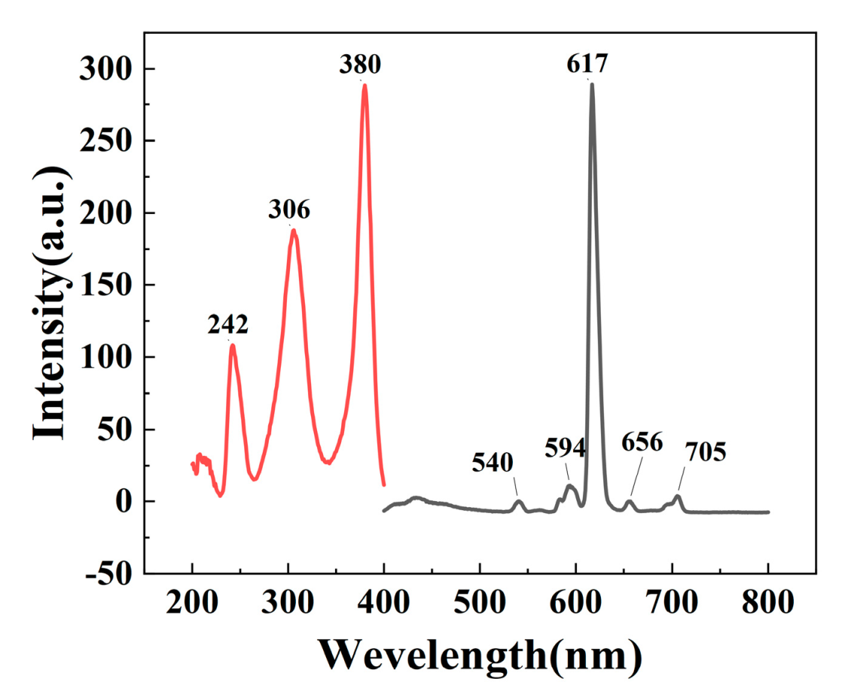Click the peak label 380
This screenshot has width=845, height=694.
point(360,66)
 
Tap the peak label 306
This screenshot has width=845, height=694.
point(289,209)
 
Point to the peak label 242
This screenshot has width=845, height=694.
point(228,325)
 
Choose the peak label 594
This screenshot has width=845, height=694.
point(565,448)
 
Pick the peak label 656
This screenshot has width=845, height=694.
point(642,442)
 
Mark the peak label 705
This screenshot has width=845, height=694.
point(705,452)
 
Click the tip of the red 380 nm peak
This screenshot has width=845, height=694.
point(365,84)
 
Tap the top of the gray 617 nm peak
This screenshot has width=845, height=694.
point(592,84)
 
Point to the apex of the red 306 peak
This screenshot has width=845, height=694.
point(293,230)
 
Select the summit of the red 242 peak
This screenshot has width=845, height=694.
point(233,345)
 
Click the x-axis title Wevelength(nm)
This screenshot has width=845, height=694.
point(480,653)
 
